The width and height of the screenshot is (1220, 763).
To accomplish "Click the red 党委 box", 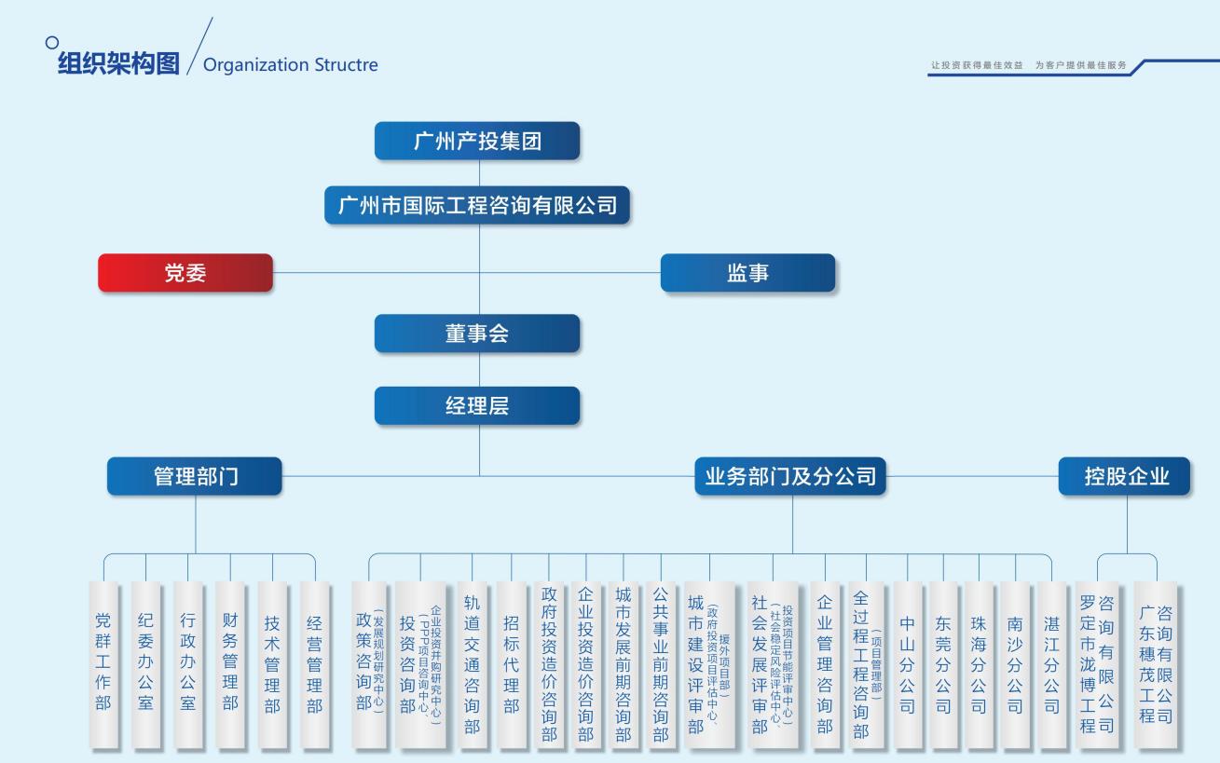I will point(185,273).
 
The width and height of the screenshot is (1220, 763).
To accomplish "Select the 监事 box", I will point(747,273).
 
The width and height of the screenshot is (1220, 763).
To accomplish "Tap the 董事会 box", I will point(476,334).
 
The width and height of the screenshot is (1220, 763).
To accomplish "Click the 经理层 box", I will point(476,405).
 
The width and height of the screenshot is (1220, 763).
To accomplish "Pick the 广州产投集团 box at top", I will point(476,141).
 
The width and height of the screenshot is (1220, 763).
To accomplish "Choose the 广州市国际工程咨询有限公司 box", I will point(476,205).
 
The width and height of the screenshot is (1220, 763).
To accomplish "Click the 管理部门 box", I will point(195,476).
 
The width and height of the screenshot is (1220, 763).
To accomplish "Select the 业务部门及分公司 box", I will point(790,476).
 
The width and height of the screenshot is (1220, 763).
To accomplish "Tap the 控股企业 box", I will point(1125,476).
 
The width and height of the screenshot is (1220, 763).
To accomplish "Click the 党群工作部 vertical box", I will point(103,663).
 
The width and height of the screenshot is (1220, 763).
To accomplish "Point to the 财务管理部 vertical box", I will point(230,663).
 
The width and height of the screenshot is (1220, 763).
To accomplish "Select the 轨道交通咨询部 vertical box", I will point(473,663).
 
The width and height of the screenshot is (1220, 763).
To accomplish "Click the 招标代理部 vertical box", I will point(511,663).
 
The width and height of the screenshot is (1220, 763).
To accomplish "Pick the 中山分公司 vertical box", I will point(907,663).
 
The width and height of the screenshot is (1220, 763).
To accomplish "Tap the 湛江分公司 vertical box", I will point(1051,663).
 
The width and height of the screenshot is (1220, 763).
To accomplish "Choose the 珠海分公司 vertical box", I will point(979,663).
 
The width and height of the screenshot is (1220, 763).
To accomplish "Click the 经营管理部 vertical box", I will point(315,663).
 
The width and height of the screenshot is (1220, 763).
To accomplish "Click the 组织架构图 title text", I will point(118,64).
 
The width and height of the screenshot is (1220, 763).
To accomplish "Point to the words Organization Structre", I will point(290,65).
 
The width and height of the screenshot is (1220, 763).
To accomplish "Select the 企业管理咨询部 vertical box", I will point(825,663).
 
